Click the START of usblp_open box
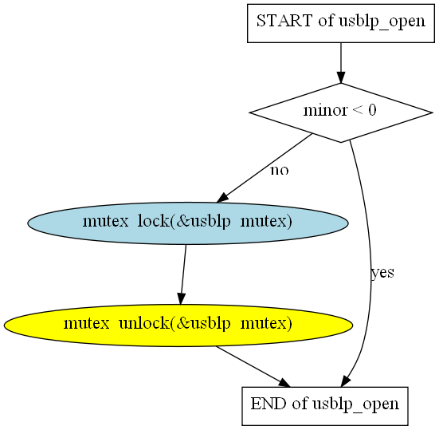[x=341, y=23]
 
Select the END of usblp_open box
[x=325, y=406]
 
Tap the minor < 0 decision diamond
[x=341, y=112]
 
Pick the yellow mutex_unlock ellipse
[x=178, y=325]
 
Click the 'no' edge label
[x=279, y=170]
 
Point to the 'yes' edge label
[x=382, y=273]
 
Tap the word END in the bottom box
[x=268, y=404]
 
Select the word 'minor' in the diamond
[x=325, y=110]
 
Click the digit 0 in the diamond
[x=372, y=110]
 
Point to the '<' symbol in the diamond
[x=358, y=110]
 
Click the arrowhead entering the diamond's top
[x=341, y=77]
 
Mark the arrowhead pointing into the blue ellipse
[x=222, y=198]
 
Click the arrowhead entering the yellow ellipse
[x=181, y=299]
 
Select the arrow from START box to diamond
[x=341, y=63]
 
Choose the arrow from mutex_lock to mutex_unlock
[x=183, y=274]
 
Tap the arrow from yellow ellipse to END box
[x=253, y=367]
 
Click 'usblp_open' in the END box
[x=355, y=404]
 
